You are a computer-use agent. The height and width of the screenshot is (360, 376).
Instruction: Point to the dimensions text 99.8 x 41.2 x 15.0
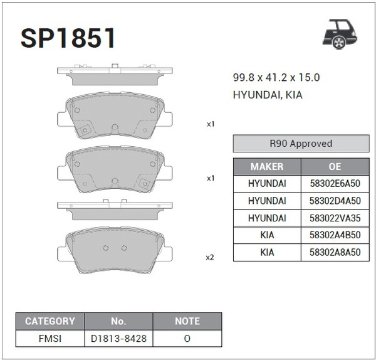coord(276,78)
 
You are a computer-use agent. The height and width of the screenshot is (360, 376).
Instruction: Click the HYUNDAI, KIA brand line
coord(268,95)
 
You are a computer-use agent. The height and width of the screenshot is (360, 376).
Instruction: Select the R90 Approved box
coord(300,144)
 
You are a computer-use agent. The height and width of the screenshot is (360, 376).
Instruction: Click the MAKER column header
coord(267,167)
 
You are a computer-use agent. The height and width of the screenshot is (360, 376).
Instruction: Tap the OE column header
coord(335,167)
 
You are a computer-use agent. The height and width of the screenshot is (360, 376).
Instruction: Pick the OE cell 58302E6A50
coord(335,184)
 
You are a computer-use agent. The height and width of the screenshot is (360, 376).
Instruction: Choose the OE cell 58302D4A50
coord(335,201)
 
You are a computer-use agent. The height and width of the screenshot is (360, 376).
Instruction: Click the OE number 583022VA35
coord(335,218)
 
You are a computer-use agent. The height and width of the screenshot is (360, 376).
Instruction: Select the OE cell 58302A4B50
coord(335,235)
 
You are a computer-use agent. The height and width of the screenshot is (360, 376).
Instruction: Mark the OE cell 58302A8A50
coord(335,252)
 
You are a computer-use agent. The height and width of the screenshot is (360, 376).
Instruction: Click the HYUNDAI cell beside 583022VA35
coord(267,218)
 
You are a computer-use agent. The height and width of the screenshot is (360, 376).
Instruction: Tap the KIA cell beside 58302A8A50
coord(267,252)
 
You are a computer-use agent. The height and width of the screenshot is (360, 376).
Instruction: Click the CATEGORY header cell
coord(50,321)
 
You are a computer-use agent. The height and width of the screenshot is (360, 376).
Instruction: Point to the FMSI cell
coord(50,338)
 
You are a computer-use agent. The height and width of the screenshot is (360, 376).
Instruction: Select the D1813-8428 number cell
coord(118,338)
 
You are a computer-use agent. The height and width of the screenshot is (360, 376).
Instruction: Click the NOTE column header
coord(187,321)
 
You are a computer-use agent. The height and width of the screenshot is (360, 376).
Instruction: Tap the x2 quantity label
coord(210,257)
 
